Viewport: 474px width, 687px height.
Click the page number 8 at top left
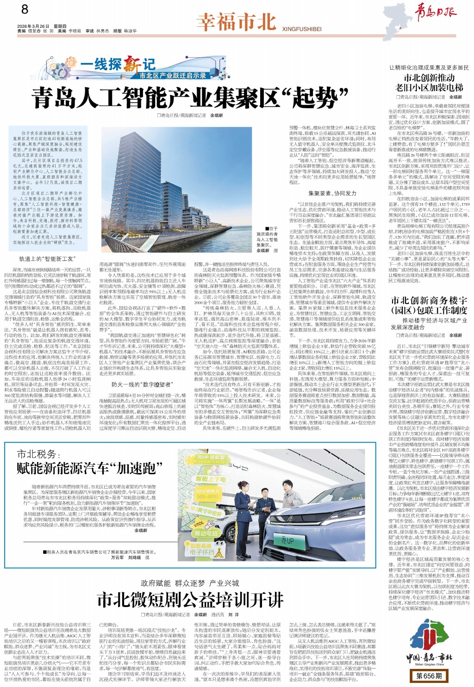pos(25,9)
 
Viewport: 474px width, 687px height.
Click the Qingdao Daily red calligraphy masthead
pos(435,12)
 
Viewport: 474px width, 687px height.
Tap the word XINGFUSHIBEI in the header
pos(302,29)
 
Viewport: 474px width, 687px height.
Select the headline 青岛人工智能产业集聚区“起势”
pos(189,97)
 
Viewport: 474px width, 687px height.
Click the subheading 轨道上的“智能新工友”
pos(46,259)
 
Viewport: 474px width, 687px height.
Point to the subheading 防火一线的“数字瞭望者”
pos(141,384)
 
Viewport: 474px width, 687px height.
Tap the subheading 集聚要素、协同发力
pos(332,193)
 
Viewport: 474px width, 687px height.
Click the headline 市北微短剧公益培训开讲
pos(190,600)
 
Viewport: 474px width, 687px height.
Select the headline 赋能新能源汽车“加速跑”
pos(86,468)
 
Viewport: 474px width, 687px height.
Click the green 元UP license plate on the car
pos(287,540)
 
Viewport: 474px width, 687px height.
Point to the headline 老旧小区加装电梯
pos(429,87)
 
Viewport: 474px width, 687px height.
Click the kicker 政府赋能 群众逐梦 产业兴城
pos(190,583)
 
